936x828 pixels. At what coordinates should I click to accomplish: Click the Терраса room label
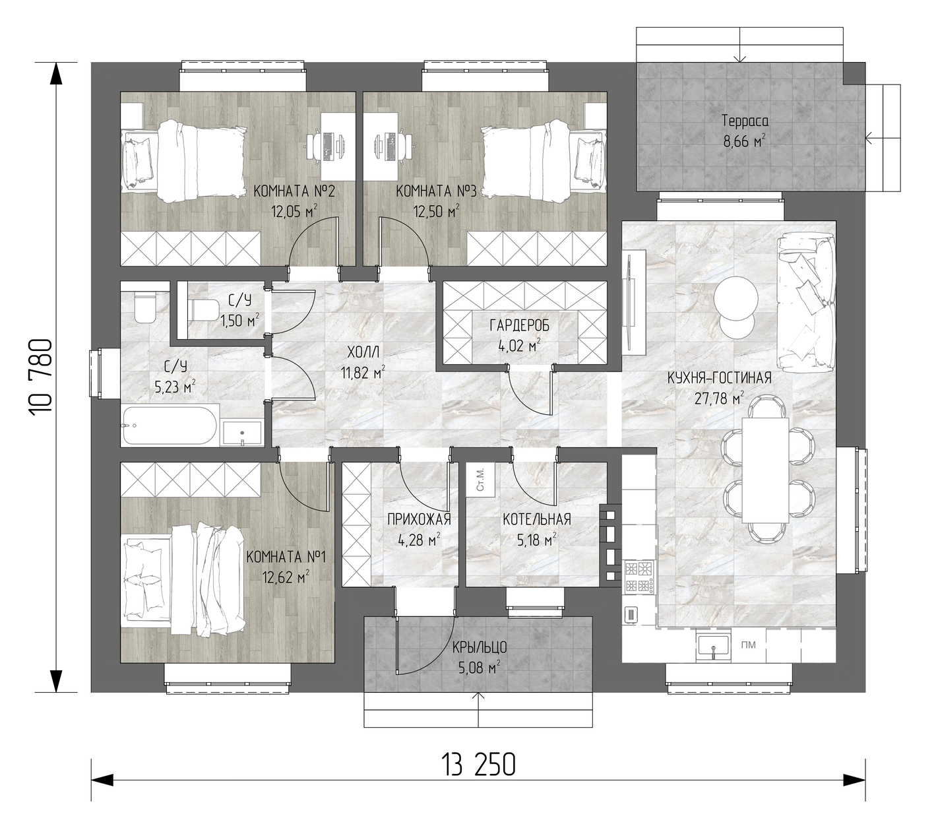745,121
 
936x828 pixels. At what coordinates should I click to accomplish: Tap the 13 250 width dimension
478,765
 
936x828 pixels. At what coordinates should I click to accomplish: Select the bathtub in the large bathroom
170,426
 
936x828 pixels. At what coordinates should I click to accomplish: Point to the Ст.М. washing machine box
480,480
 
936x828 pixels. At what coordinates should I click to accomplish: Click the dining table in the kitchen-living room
764,470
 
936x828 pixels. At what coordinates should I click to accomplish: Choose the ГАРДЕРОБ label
519,326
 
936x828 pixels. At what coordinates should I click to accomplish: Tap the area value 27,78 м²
719,398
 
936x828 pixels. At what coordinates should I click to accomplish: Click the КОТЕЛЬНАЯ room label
536,519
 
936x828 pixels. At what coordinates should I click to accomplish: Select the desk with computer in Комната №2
336,146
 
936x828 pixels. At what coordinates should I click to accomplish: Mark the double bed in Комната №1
183,579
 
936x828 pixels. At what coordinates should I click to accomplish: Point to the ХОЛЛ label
363,352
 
